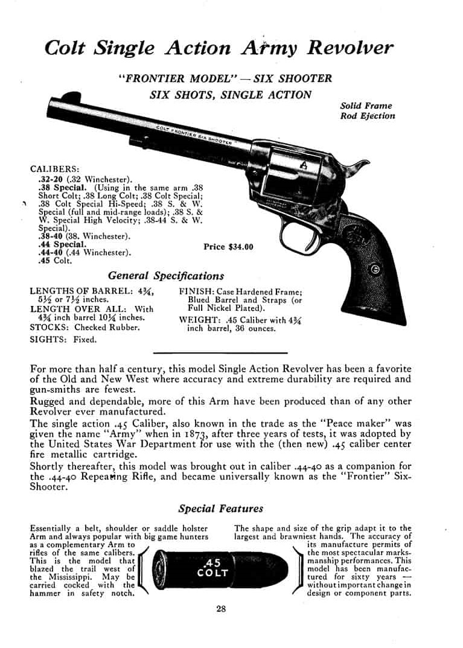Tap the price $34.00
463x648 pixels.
[229, 247]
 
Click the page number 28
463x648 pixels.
[221, 609]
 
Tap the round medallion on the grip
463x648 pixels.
[375, 270]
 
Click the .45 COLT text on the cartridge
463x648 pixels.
[212, 567]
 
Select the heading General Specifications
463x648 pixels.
[166, 276]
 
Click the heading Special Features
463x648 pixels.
[220, 509]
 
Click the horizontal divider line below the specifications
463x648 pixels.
[220, 352]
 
